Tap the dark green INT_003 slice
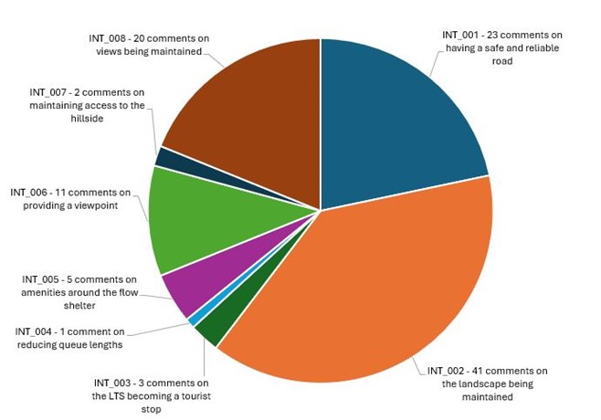(207, 330)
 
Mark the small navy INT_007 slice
(162, 157)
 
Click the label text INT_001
(462, 34)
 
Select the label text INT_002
(448, 370)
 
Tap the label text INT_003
(114, 383)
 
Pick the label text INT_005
(41, 278)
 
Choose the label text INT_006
(31, 192)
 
